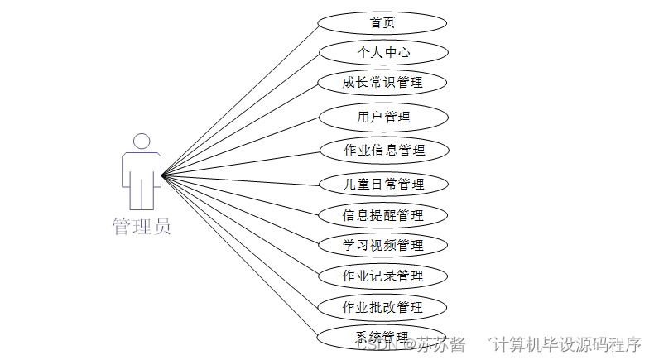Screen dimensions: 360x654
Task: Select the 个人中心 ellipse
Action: [382, 53]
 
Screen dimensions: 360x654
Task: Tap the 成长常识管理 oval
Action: [382, 83]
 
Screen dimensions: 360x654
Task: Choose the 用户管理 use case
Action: [382, 117]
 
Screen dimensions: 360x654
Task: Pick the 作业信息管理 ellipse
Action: [382, 151]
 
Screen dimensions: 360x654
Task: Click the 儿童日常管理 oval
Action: [382, 184]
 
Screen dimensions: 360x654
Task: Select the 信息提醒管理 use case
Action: [382, 215]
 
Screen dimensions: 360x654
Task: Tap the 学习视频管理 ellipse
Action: [382, 245]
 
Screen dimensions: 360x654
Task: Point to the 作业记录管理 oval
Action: [382, 276]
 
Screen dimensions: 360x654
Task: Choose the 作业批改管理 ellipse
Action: [382, 307]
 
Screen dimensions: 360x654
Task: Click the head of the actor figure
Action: [142, 142]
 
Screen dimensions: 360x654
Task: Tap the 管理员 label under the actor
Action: [142, 226]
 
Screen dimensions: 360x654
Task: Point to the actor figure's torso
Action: [142, 170]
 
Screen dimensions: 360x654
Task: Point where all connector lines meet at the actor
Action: [162, 175]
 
